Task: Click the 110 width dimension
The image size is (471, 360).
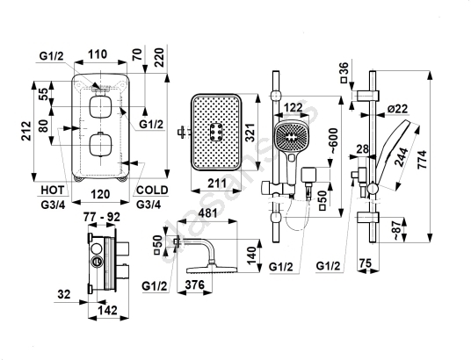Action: point(98,54)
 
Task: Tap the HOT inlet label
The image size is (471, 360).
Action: point(53,190)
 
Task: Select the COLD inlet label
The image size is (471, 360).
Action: point(152,190)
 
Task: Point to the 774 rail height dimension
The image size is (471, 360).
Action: point(423,160)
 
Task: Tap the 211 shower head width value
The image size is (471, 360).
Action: point(217,183)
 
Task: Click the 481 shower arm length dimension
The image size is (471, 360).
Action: point(208,213)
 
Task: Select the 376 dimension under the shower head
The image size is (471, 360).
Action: point(195,284)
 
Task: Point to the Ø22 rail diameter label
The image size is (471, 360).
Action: point(398,109)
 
